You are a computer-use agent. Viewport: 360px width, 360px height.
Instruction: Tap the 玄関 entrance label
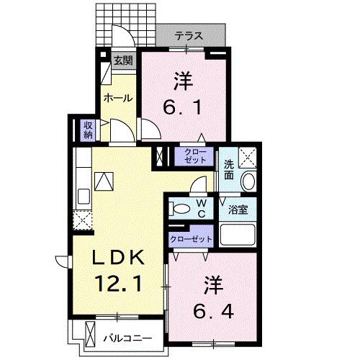pos(122,61)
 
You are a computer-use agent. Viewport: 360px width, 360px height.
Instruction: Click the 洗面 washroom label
pos(228,168)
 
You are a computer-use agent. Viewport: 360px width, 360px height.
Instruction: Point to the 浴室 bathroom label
pos(238,210)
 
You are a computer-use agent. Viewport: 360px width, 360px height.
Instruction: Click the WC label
pos(201,209)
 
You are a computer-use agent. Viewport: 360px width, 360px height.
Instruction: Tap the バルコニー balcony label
pos(126,336)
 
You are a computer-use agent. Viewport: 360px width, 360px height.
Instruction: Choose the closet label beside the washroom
pos(194,156)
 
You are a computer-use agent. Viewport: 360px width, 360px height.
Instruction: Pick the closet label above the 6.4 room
pos(191,238)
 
